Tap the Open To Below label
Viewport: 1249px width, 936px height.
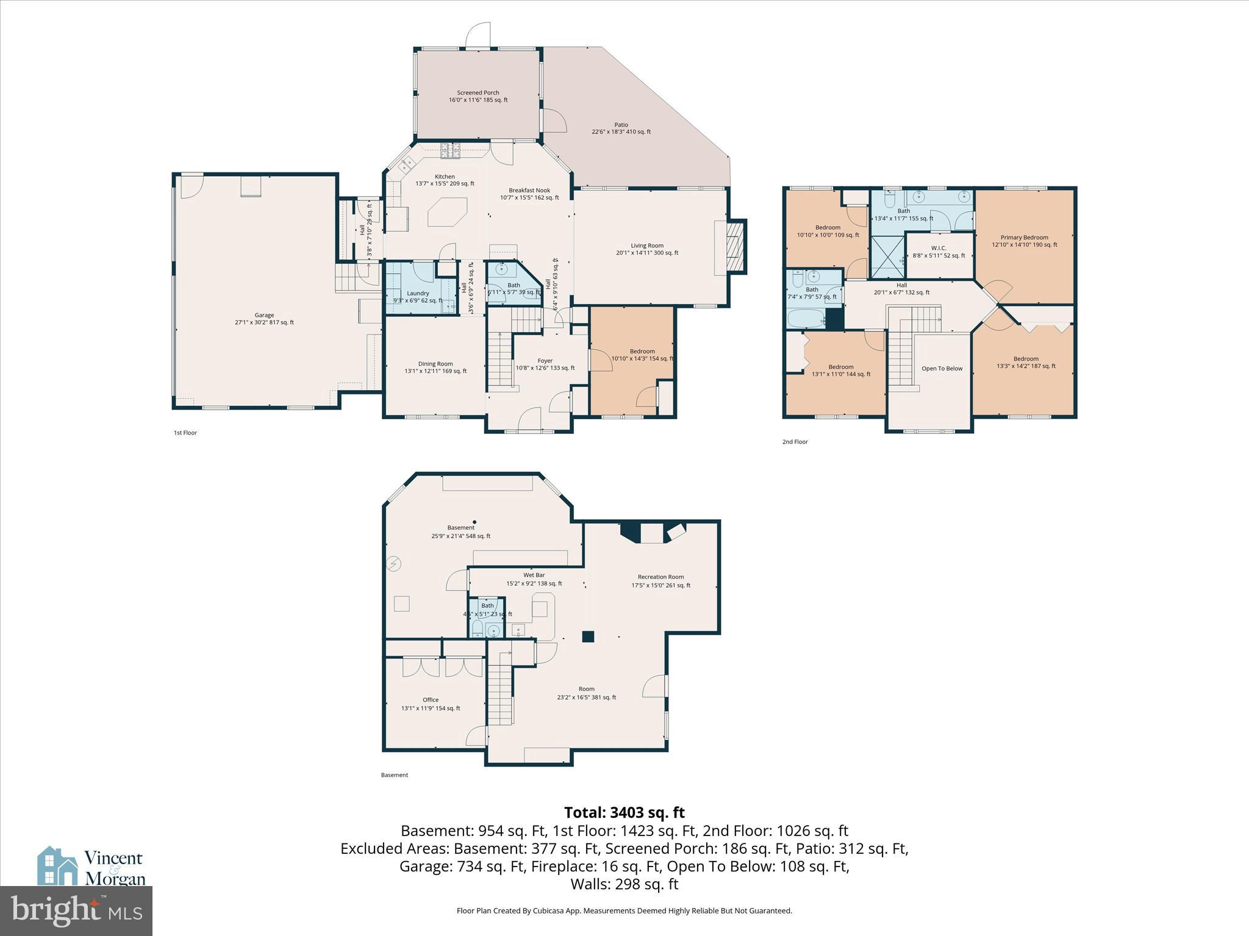(x=942, y=369)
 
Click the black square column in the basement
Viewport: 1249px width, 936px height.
(x=588, y=636)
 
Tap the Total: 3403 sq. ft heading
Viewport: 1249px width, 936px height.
(x=624, y=812)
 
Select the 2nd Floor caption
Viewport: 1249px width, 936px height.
(x=795, y=442)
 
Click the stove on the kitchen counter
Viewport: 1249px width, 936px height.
(x=451, y=150)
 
